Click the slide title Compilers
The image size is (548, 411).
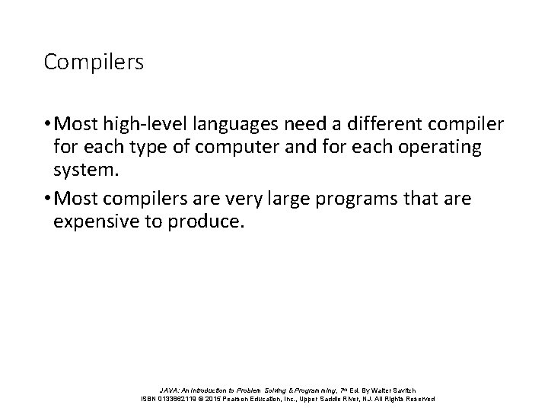(94, 62)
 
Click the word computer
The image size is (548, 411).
(214, 147)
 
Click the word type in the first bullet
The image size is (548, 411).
(135, 147)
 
